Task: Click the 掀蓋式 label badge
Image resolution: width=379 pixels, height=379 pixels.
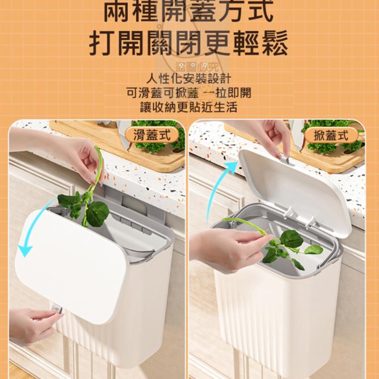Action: pyautogui.click(x=331, y=135)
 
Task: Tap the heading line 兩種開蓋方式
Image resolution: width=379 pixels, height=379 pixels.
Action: pyautogui.click(x=189, y=12)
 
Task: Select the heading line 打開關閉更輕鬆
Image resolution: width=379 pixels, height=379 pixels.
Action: pyautogui.click(x=189, y=44)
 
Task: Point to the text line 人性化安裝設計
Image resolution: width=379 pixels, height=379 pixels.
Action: pyautogui.click(x=189, y=79)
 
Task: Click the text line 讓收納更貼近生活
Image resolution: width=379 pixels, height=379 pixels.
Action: pyautogui.click(x=189, y=107)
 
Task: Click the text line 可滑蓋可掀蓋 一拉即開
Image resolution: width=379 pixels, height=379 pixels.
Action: pyautogui.click(x=189, y=93)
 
